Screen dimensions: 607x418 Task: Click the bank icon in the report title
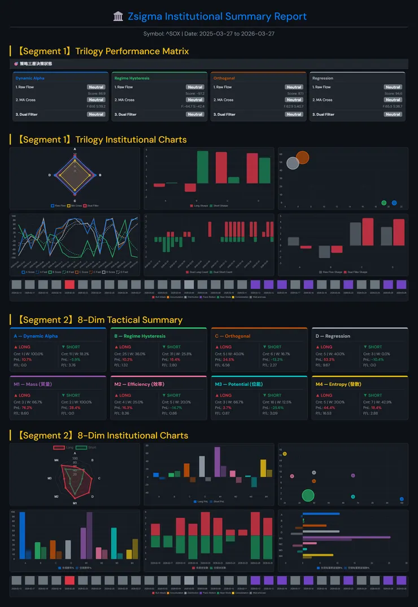[118, 16]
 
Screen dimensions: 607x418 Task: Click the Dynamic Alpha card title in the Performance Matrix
[30, 78]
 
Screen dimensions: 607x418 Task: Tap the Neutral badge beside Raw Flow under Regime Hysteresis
[195, 87]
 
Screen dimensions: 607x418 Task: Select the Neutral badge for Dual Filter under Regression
[393, 115]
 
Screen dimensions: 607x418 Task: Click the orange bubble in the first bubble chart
[303, 157]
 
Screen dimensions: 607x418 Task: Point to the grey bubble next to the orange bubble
[293, 163]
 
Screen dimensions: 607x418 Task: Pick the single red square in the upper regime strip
[69, 285]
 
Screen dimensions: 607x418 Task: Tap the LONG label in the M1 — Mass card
[24, 395]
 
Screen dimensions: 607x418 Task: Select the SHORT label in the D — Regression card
[373, 347]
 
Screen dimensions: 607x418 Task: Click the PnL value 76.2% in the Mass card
[27, 407]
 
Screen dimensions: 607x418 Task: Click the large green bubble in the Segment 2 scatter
[308, 495]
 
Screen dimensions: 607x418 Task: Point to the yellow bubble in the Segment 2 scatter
[285, 454]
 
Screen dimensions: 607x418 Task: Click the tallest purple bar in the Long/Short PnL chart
[217, 462]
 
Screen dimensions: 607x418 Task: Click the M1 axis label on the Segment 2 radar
[75, 503]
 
